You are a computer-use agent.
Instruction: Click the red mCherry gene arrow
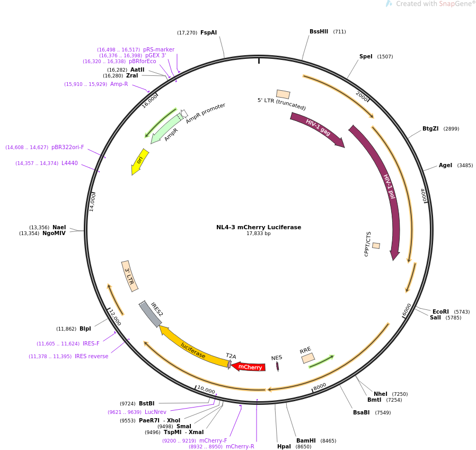point(249,367)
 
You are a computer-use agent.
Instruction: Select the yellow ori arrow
point(139,161)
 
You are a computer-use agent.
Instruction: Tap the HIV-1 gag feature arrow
point(318,129)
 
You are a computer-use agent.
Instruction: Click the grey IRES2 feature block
point(151,314)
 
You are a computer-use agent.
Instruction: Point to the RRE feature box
point(308,358)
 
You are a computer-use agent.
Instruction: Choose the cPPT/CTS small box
point(376,246)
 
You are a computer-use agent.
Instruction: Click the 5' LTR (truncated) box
point(283,94)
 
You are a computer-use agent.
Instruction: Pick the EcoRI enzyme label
point(440,311)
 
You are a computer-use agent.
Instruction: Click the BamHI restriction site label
point(306,440)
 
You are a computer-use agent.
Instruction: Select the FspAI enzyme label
point(208,32)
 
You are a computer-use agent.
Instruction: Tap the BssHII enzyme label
point(319,31)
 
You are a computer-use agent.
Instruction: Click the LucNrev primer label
point(155,412)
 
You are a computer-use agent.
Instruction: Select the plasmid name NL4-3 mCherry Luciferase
point(259,227)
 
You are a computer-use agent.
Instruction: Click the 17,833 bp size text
point(259,233)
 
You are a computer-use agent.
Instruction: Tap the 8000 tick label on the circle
point(320,387)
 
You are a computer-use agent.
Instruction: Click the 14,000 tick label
point(92,202)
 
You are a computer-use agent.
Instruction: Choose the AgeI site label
point(445,165)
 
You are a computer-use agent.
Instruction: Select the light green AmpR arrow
point(165,128)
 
